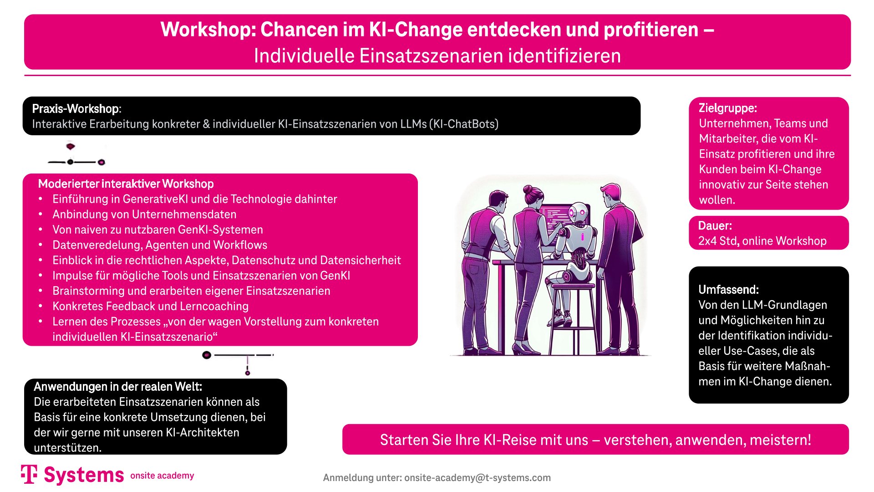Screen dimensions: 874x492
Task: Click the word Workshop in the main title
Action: [208, 30]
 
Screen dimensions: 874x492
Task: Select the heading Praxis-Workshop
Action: [75, 109]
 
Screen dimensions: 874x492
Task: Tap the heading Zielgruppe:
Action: [727, 108]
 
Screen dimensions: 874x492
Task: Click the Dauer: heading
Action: [715, 226]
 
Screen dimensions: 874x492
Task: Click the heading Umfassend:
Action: [728, 290]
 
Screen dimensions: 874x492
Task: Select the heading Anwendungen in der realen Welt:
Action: [118, 387]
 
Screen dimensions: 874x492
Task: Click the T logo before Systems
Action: [29, 474]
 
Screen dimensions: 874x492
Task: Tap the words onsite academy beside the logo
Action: [162, 476]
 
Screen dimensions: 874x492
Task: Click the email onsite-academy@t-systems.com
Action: [478, 478]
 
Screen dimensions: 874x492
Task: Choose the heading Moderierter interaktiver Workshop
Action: [126, 184]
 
